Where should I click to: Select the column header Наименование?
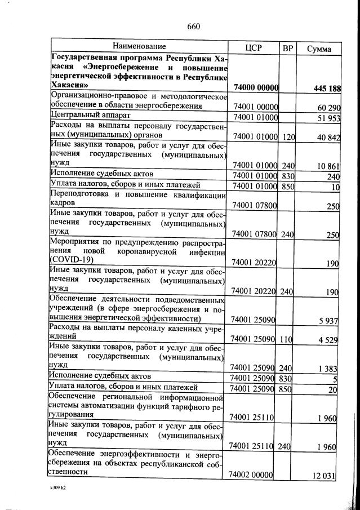[x=139, y=46]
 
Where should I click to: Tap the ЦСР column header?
[x=254, y=48]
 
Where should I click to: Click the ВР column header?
[x=288, y=48]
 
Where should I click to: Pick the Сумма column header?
[x=318, y=48]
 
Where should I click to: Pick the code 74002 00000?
[x=251, y=475]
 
